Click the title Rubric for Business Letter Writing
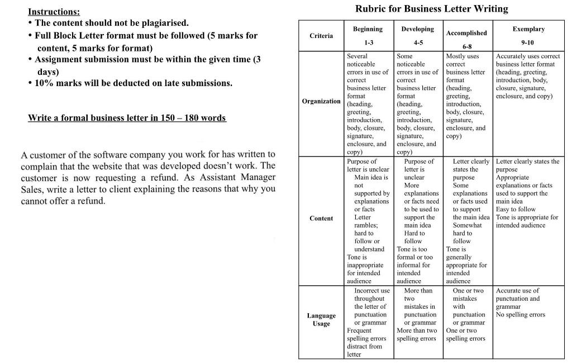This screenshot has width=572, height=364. point(431,9)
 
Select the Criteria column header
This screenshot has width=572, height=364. point(321,36)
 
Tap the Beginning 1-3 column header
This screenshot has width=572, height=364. point(368,36)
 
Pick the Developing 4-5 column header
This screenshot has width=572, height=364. point(417,36)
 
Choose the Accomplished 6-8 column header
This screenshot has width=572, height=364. point(466,37)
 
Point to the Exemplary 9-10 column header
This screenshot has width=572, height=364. point(528,36)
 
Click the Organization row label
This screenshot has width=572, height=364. point(321,101)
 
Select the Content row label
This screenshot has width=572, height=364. point(321,219)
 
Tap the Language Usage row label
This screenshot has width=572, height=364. point(321,319)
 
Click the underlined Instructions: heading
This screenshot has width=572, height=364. point(54,12)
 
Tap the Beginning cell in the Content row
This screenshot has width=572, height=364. point(369,221)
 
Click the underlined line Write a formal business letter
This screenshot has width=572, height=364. point(127,118)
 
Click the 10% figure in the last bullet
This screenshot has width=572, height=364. point(44,83)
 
